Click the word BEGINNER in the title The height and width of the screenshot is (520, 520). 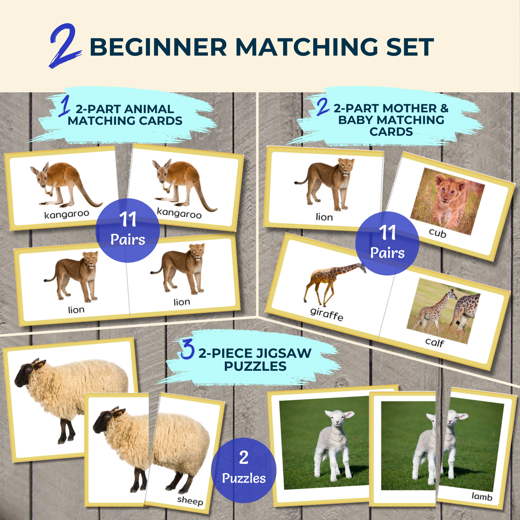pos(158,47)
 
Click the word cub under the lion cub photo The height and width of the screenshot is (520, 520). pos(437,233)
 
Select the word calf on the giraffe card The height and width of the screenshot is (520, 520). pos(435,342)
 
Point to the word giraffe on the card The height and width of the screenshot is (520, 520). pos(327,314)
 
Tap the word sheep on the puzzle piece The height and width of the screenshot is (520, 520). pos(190,500)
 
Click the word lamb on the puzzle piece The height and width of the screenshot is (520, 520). pos(482,496)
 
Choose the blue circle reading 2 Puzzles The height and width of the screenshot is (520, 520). pos(243,470)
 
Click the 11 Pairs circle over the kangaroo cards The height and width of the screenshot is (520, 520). pos(128,230)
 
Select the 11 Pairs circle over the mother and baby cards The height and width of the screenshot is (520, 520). pos(387,243)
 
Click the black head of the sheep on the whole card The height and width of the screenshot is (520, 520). pos(28,372)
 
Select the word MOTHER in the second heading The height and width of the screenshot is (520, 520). pos(410,108)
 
